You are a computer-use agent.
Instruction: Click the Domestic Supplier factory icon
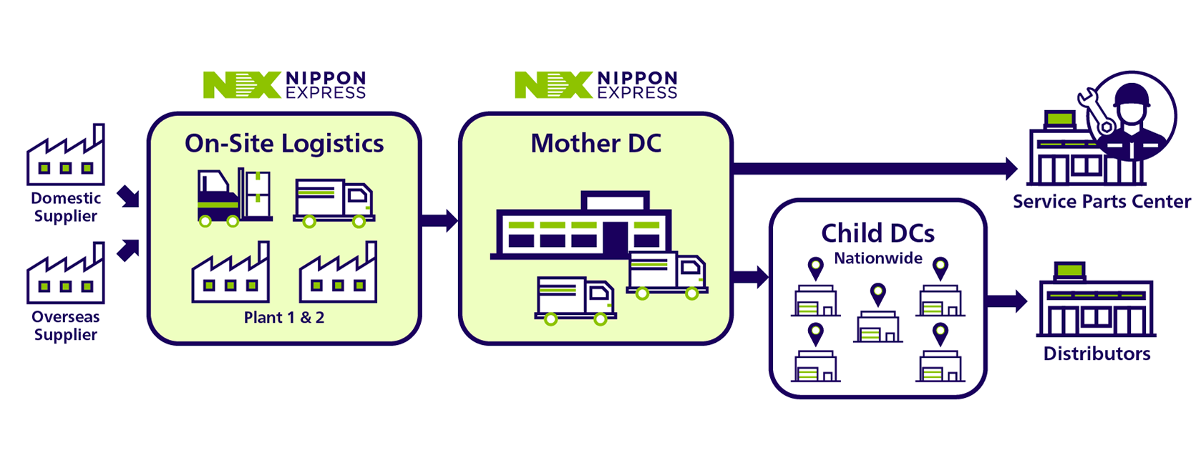[x=65, y=157]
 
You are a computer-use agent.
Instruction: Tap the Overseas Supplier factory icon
[x=65, y=275]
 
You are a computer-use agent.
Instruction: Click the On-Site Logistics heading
[x=284, y=144]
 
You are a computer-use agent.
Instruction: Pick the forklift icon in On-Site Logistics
[x=233, y=198]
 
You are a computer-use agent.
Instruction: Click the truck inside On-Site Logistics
[x=334, y=203]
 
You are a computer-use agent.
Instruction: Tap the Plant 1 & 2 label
[x=284, y=318]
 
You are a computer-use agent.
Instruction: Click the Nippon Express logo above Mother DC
[x=596, y=84]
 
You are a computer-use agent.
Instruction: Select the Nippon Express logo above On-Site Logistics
[x=285, y=84]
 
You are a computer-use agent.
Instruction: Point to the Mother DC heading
[x=595, y=144]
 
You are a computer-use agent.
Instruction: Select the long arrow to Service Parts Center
[x=873, y=169]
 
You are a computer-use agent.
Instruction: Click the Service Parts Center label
[x=1102, y=202]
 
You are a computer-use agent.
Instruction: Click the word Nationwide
[x=878, y=258]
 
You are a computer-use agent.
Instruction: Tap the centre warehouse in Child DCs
[x=878, y=326]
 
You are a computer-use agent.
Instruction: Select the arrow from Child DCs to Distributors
[x=1006, y=301]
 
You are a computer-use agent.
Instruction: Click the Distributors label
[x=1097, y=354]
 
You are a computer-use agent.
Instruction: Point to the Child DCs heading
[x=877, y=233]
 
